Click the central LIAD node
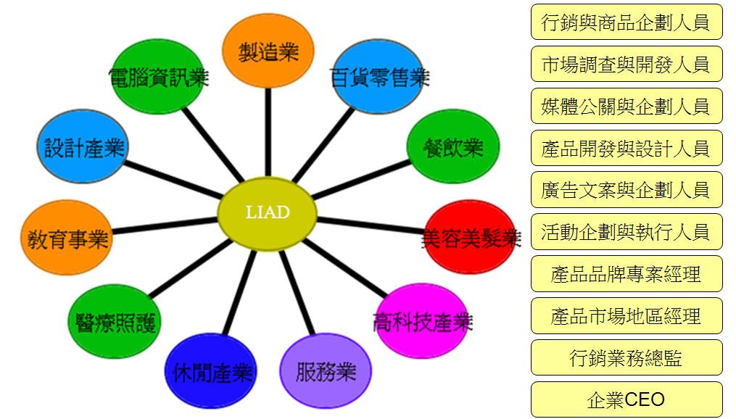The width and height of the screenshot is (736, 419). click(x=267, y=214)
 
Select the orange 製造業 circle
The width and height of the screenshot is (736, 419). click(x=268, y=51)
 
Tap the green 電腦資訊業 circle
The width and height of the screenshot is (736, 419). click(x=159, y=77)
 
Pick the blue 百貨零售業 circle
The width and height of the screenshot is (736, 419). click(x=379, y=77)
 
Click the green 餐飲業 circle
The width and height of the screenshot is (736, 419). click(x=453, y=146)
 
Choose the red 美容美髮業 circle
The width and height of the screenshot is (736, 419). click(x=471, y=238)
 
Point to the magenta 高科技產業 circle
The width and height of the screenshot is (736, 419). click(x=422, y=321)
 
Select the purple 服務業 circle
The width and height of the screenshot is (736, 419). click(x=326, y=371)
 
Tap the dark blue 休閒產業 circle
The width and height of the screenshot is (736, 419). click(x=211, y=371)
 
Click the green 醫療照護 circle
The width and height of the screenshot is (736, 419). click(x=115, y=321)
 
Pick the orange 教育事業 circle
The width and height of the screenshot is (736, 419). click(x=67, y=238)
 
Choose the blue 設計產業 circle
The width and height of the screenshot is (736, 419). click(x=83, y=146)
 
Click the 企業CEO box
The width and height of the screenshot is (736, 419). click(x=627, y=399)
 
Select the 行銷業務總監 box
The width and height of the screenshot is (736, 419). click(x=627, y=357)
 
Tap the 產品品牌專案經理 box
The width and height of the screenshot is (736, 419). click(x=627, y=273)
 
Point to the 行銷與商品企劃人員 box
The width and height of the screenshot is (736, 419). click(x=627, y=22)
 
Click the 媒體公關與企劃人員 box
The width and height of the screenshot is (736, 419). click(x=627, y=106)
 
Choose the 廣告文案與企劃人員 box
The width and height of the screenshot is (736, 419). click(x=627, y=189)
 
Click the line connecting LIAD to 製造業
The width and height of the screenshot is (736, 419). click(x=268, y=133)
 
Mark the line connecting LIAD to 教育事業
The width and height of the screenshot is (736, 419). click(x=165, y=225)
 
